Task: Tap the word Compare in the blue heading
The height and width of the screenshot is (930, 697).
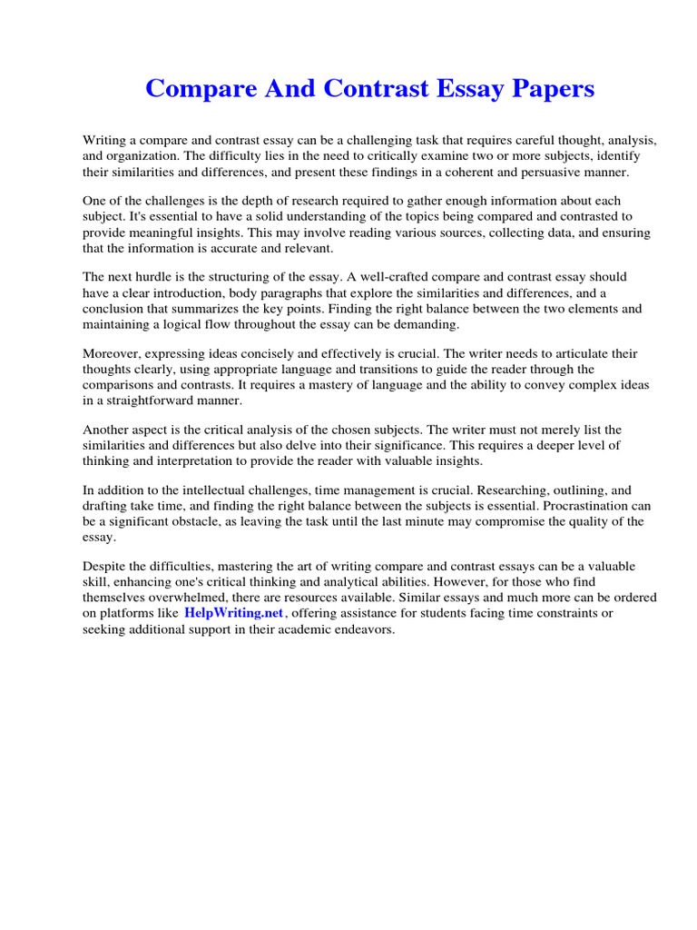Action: coord(196,89)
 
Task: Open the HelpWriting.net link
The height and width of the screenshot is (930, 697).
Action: coord(234,613)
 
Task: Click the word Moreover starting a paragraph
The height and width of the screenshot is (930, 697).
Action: coord(113,353)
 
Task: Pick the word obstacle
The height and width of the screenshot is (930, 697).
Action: coord(212,521)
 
